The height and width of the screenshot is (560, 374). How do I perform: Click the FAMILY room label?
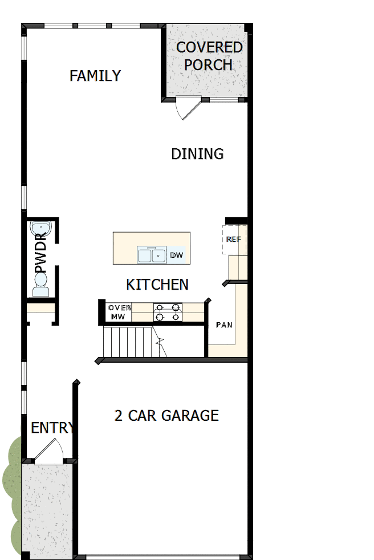click(95, 75)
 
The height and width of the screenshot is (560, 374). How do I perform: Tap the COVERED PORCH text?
click(209, 56)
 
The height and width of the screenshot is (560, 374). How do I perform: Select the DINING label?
click(197, 153)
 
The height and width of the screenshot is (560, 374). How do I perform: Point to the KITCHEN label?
click(157, 284)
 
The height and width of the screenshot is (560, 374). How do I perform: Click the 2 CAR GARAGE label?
click(166, 415)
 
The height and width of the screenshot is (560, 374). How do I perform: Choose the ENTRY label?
click(52, 428)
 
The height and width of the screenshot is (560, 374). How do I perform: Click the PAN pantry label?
click(223, 325)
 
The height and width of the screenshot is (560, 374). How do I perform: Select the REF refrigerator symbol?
click(234, 240)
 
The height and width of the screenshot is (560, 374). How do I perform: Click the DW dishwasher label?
click(177, 255)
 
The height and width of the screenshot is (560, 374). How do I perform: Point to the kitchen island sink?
click(151, 255)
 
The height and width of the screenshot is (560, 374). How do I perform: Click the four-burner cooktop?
click(168, 312)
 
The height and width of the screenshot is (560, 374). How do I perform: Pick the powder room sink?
click(42, 229)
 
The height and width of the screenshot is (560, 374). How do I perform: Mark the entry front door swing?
click(48, 451)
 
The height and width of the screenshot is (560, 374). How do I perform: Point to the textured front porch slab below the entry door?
click(48, 508)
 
